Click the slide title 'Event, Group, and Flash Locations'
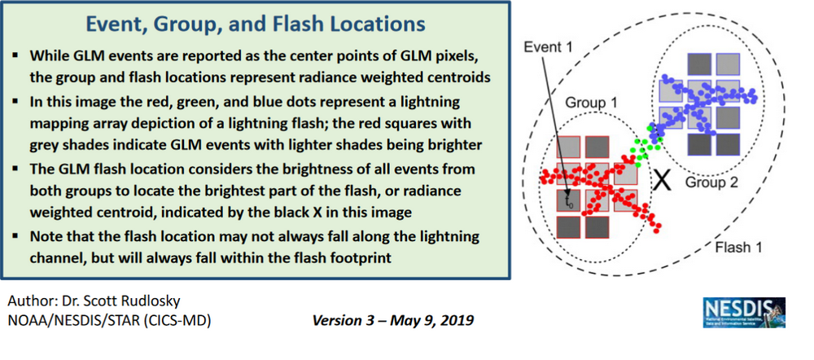point(256,24)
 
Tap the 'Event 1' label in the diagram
point(548,46)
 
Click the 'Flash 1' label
point(739,245)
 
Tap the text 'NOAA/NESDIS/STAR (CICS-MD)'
point(107,320)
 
